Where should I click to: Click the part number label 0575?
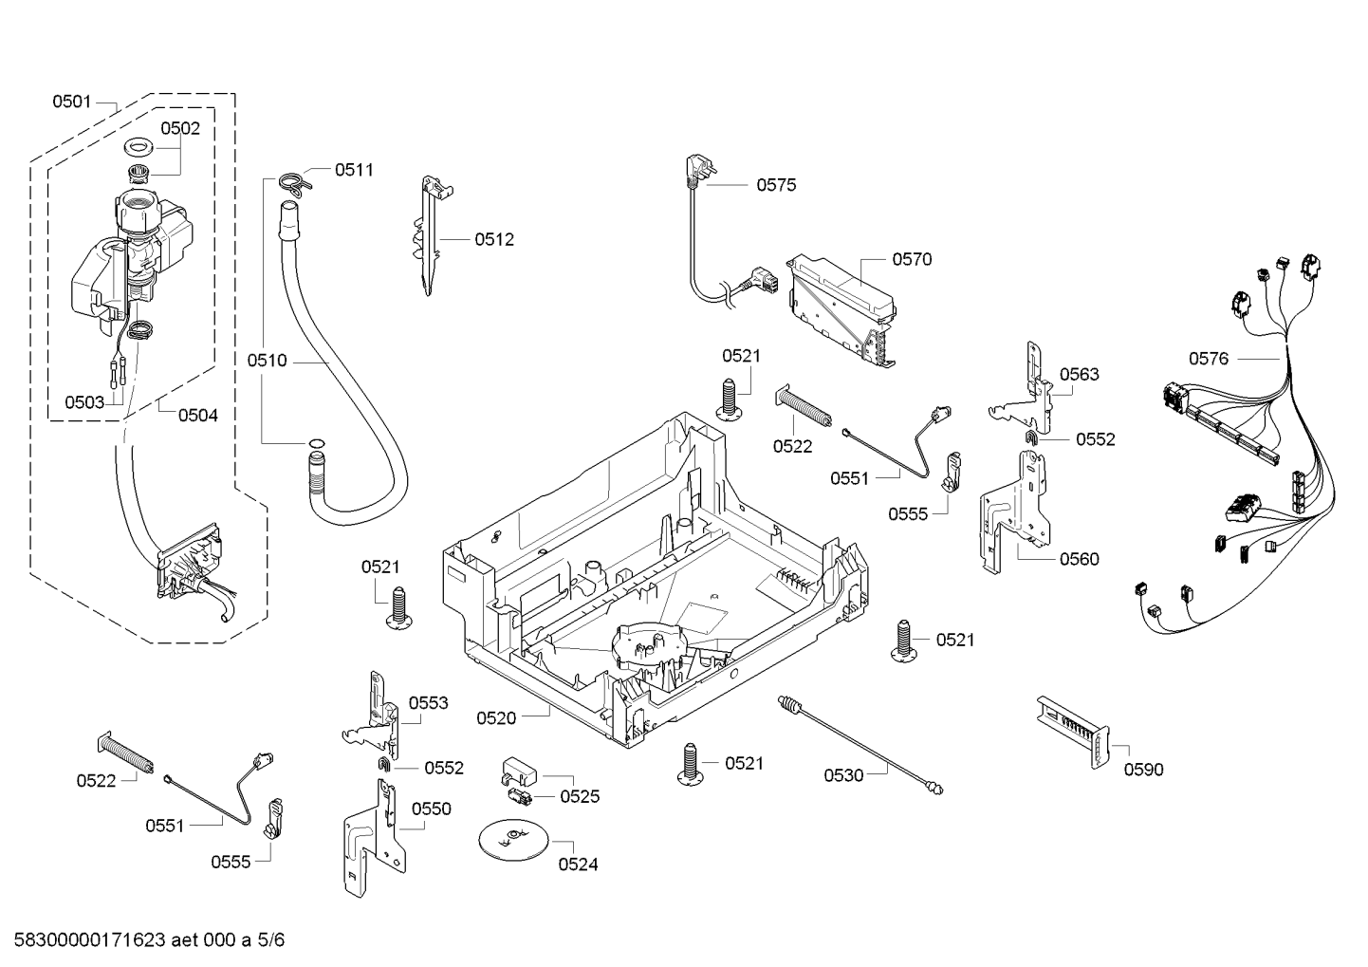coord(775,185)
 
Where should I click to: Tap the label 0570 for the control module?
coord(911,259)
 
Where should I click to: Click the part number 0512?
coord(493,239)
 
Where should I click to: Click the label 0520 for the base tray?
coord(495,717)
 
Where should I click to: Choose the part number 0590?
coord(1142,770)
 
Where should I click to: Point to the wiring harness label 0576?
coord(1208,358)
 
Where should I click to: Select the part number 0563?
coord(1079,374)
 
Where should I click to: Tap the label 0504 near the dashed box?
coord(197,415)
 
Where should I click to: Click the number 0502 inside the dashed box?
coord(179,128)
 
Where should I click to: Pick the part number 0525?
coord(579,796)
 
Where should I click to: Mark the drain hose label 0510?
coord(267,361)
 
